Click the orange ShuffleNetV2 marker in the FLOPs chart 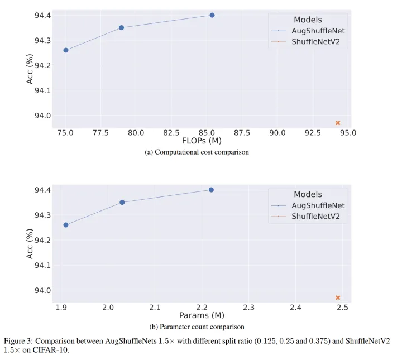(338, 123)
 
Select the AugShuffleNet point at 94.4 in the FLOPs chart (212, 15)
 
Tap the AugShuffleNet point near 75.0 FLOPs (66, 50)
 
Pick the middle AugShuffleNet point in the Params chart (122, 202)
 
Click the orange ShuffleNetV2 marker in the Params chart (338, 297)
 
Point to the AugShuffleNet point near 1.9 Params (66, 225)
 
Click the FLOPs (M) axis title (202, 141)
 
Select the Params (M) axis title (202, 316)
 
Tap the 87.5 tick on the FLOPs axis (242, 132)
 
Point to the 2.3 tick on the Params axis (248, 308)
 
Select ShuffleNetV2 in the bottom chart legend (315, 216)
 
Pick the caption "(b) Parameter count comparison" (202, 327)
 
